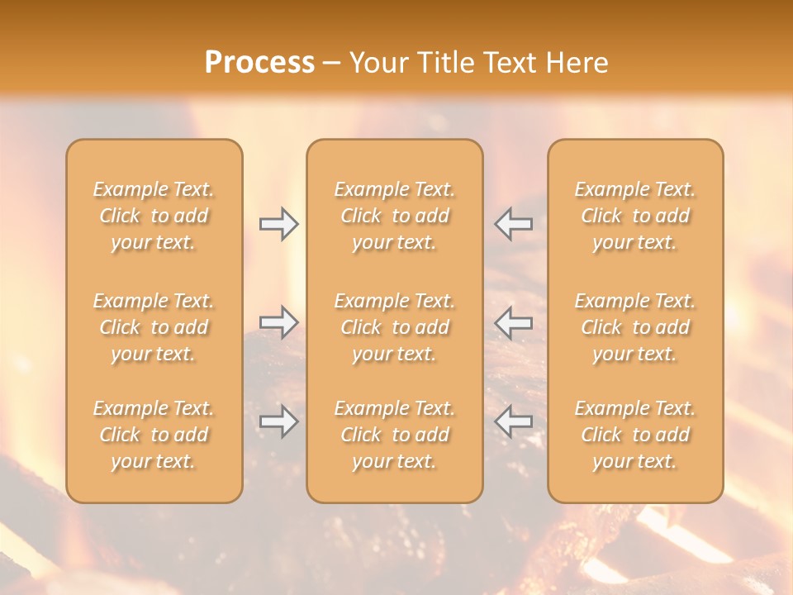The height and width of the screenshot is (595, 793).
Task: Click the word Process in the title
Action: click(259, 62)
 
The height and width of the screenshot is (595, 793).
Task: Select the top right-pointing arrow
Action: click(278, 224)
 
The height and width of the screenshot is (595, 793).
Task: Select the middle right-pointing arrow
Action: click(278, 322)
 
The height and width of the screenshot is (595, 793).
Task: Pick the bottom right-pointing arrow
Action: click(278, 421)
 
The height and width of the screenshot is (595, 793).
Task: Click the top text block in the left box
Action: click(154, 216)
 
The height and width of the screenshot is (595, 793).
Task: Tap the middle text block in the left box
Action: click(154, 327)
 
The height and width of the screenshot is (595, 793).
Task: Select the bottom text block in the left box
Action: click(154, 435)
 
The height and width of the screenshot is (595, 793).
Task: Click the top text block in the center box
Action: click(395, 216)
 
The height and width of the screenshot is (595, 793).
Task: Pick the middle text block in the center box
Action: click(395, 327)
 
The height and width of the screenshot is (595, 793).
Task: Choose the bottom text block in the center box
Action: click(395, 435)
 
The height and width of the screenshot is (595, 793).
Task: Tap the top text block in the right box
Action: click(635, 216)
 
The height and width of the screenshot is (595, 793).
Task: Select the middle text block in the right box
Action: click(635, 327)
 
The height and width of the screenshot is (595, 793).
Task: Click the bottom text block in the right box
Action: click(635, 435)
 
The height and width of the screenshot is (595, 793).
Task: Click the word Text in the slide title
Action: click(509, 62)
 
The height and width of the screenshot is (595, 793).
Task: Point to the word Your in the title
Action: click(376, 62)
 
